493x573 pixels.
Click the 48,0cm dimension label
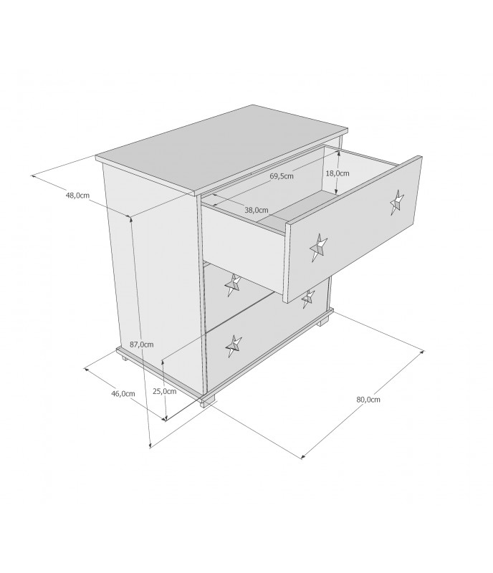click(x=77, y=195)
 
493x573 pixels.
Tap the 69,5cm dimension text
click(x=282, y=175)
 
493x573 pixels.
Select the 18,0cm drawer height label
click(x=338, y=173)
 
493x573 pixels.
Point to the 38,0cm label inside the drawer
click(x=257, y=210)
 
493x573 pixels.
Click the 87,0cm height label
click(x=142, y=345)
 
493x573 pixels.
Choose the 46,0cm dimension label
click(x=123, y=393)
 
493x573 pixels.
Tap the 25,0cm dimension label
click(x=165, y=391)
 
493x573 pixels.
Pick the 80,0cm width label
click(x=368, y=400)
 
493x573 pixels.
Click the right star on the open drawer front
click(x=397, y=202)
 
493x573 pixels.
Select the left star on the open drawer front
click(x=318, y=247)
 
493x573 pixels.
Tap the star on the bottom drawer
click(x=234, y=346)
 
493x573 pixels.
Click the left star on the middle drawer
click(x=233, y=284)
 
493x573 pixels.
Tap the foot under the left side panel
click(x=125, y=357)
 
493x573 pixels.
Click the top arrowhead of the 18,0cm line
click(x=338, y=153)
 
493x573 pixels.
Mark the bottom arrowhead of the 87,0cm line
click(x=150, y=445)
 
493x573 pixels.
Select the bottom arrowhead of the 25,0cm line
click(x=166, y=418)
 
